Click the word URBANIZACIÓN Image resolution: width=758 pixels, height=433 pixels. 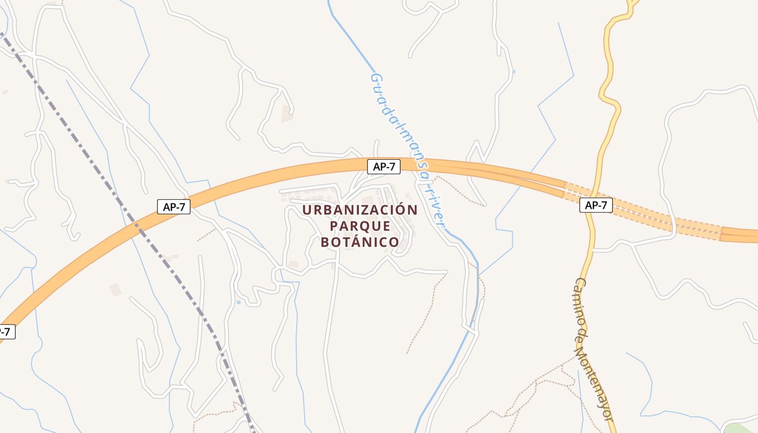point(360,209)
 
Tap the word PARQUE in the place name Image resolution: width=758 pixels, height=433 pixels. point(360,226)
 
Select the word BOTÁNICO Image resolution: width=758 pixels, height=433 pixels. point(360,242)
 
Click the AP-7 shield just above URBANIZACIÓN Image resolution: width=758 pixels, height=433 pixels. point(384,167)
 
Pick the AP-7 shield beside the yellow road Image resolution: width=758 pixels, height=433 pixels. point(596,205)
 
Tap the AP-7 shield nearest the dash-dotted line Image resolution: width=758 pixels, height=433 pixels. point(174,206)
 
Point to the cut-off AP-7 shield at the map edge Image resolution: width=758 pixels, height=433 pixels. point(5,332)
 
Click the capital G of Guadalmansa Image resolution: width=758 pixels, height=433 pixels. point(374,78)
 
